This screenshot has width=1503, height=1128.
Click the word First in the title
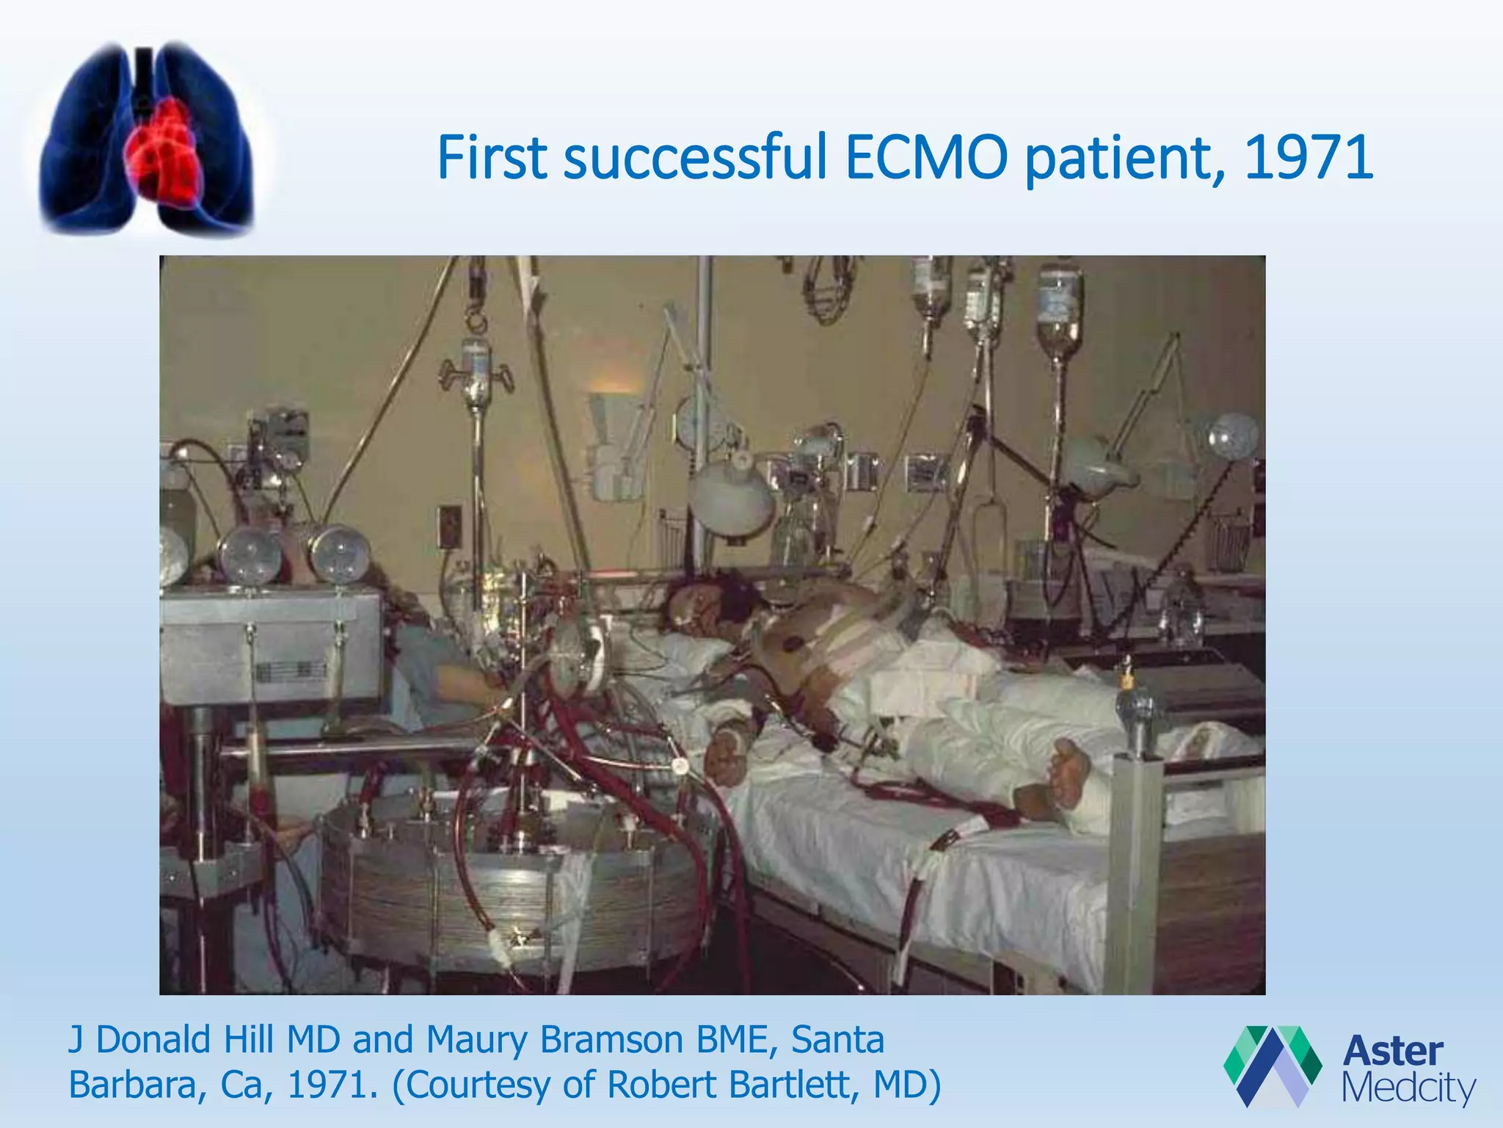[492, 157]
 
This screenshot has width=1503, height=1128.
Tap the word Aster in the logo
[1392, 1051]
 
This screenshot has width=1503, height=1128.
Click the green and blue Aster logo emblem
[1272, 1065]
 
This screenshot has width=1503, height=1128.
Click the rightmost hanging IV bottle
[1059, 308]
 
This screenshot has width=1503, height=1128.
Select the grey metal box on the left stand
[272, 646]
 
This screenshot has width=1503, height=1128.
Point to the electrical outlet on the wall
[449, 525]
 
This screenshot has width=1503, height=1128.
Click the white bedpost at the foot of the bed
[1135, 867]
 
